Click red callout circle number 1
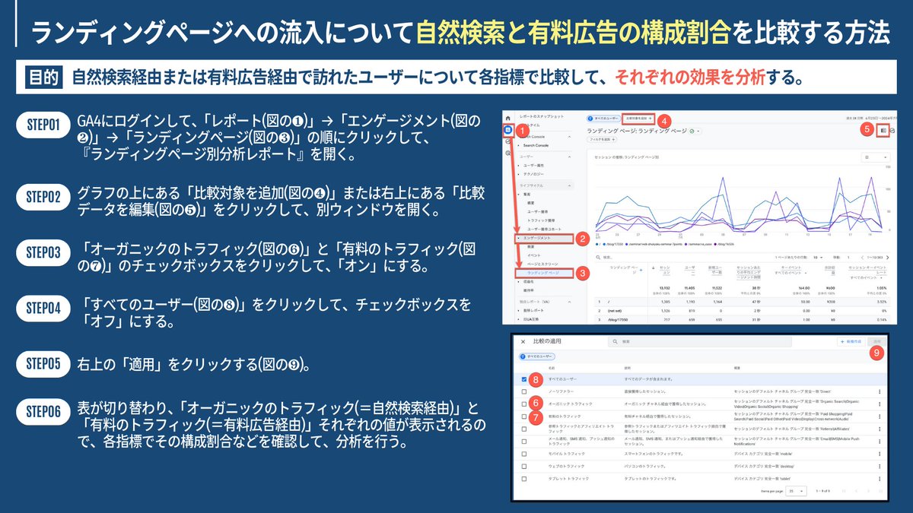(523, 131)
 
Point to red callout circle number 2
(581, 239)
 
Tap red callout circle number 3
(581, 273)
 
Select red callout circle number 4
(663, 120)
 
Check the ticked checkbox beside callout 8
(524, 378)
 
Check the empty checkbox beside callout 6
(524, 403)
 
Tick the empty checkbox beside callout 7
(524, 416)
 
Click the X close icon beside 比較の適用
(523, 342)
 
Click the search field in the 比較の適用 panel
(700, 342)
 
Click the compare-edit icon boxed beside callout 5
(883, 130)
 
